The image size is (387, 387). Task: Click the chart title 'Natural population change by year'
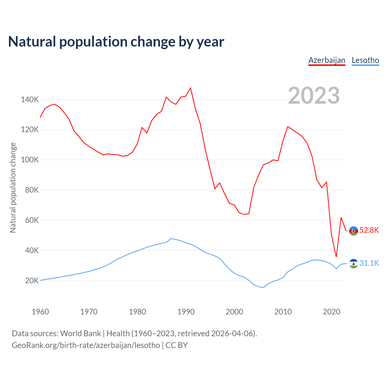(116, 42)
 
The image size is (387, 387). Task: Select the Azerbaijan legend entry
(327, 60)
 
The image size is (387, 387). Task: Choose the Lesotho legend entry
(365, 60)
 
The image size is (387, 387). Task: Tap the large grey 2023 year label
(314, 96)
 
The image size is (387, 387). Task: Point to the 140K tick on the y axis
(30, 99)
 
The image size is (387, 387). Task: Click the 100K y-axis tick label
(30, 160)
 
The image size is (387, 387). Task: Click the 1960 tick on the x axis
(40, 311)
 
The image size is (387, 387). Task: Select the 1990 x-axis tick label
(186, 311)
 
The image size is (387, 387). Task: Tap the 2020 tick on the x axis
(332, 311)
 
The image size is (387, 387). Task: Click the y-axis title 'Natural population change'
(13, 187)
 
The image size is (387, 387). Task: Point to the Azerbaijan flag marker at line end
(353, 231)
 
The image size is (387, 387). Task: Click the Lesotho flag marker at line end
(353, 264)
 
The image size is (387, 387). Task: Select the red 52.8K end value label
(369, 230)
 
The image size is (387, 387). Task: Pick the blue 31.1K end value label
(369, 263)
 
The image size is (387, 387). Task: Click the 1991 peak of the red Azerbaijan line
(190, 88)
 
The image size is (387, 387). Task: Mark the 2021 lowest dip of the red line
(336, 257)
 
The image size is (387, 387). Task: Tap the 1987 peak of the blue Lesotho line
(171, 239)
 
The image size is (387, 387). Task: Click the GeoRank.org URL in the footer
(86, 345)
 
